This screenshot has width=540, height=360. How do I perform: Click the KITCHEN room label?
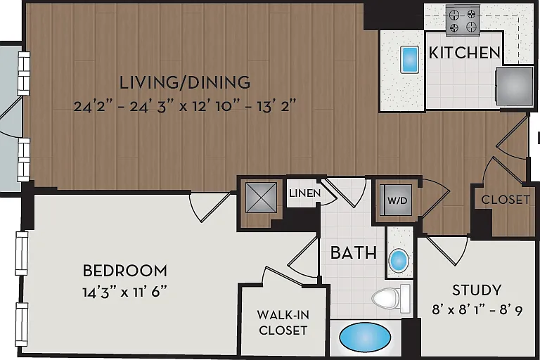[x=465, y=53]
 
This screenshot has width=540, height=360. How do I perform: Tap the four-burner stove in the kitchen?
[x=463, y=20]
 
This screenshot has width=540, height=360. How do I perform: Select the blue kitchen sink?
[x=409, y=60]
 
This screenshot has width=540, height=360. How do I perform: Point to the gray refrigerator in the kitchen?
[x=514, y=86]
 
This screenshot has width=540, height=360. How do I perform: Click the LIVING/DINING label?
[x=185, y=82]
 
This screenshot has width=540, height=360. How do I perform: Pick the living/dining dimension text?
[x=185, y=105]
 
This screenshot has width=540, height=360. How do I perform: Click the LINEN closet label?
[x=304, y=193]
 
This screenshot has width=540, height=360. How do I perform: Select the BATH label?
[x=354, y=253]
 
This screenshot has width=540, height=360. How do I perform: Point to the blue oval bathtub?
[x=365, y=337]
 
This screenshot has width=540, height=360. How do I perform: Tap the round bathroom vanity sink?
[x=399, y=260]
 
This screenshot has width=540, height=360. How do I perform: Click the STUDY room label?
[x=477, y=290]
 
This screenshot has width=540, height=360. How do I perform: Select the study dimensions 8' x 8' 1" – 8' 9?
[x=477, y=310]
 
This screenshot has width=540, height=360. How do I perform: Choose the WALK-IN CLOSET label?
[x=283, y=323]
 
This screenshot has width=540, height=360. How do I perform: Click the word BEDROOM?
[x=125, y=271]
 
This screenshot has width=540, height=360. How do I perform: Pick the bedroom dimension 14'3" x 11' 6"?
[x=124, y=292]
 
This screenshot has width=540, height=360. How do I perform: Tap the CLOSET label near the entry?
[x=506, y=200]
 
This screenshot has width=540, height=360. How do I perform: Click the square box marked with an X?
[x=261, y=198]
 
